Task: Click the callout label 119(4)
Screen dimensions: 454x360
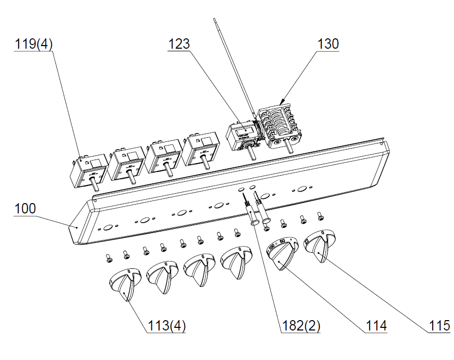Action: click(x=34, y=44)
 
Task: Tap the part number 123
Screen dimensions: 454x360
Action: click(x=179, y=44)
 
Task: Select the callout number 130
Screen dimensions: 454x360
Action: click(x=328, y=44)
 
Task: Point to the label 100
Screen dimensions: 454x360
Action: click(x=25, y=209)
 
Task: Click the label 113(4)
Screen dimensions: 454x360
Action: click(x=167, y=326)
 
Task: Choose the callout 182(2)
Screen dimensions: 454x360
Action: click(x=301, y=326)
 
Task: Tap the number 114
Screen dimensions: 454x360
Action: click(x=376, y=326)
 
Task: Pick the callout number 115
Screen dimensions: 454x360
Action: click(x=439, y=326)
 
